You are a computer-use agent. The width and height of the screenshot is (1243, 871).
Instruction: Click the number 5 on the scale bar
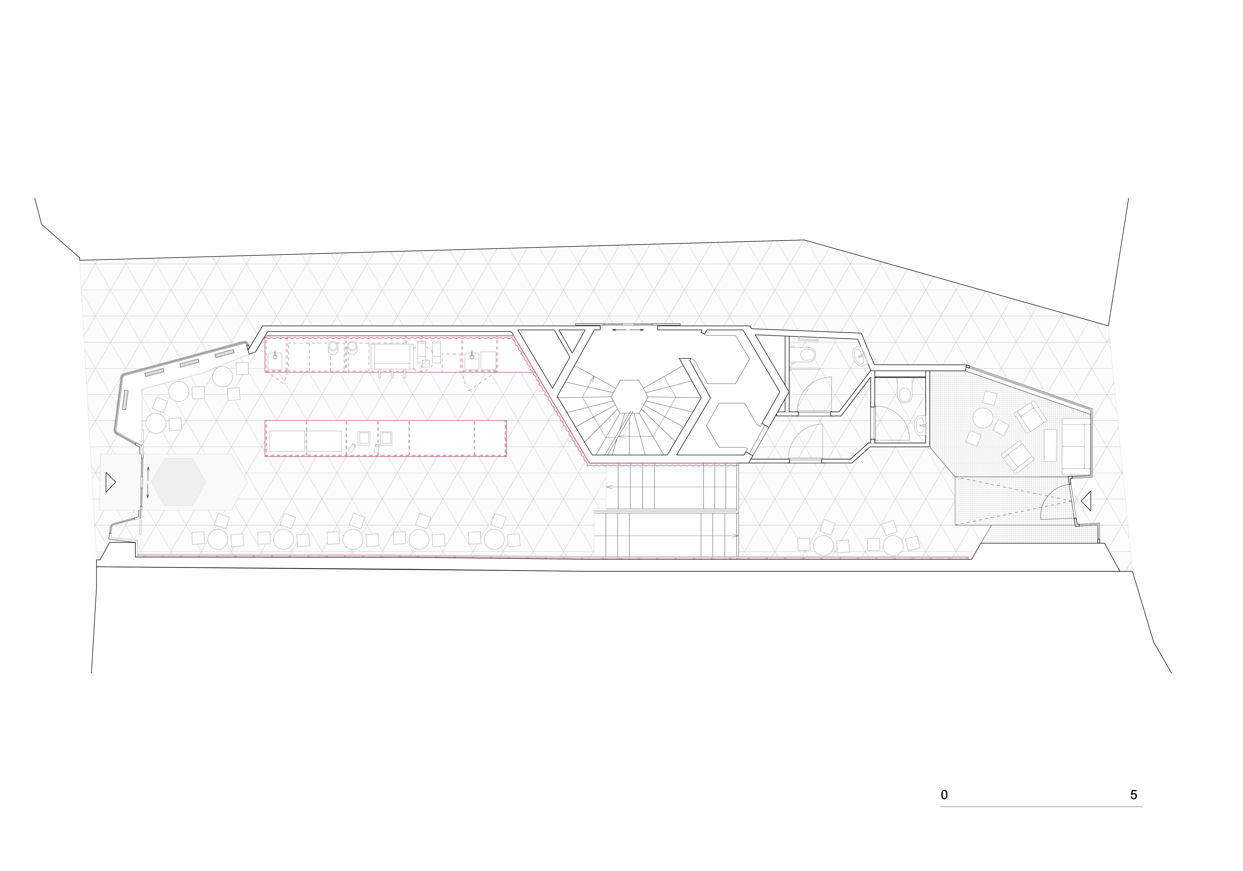[x=1134, y=795]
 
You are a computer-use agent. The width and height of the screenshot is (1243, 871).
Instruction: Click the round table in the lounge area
[x=983, y=418]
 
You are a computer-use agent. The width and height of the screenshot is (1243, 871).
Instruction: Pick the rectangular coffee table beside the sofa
[x=1050, y=445]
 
